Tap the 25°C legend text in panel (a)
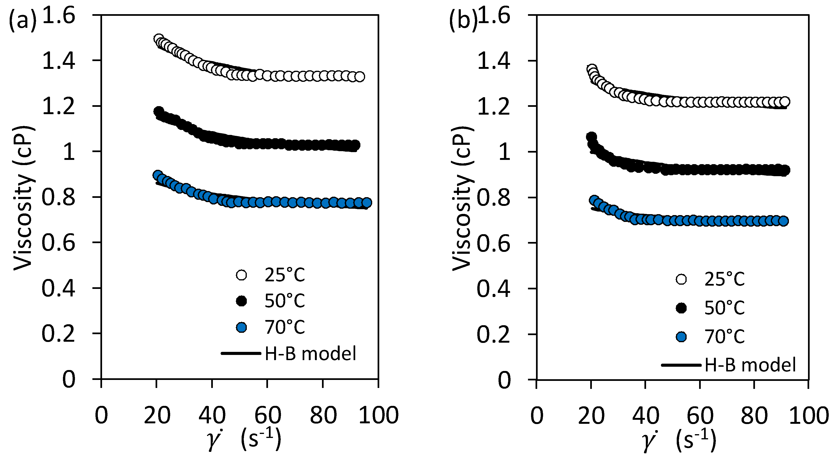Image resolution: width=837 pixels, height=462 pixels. coord(285,275)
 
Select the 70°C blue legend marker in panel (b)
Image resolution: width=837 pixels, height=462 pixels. coord(681,337)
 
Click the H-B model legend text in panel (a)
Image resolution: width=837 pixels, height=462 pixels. coord(310,354)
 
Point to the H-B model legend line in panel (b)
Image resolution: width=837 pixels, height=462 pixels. coord(681,365)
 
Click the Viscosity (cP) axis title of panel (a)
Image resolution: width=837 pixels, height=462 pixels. coord(23,198)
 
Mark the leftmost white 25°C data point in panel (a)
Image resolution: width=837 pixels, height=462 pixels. coord(158,39)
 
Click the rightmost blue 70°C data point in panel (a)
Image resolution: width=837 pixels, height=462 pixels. coord(367,203)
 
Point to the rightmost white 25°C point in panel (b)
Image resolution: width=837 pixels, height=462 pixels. coord(785,101)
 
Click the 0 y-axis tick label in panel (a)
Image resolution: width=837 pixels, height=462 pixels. coord(69,379)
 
